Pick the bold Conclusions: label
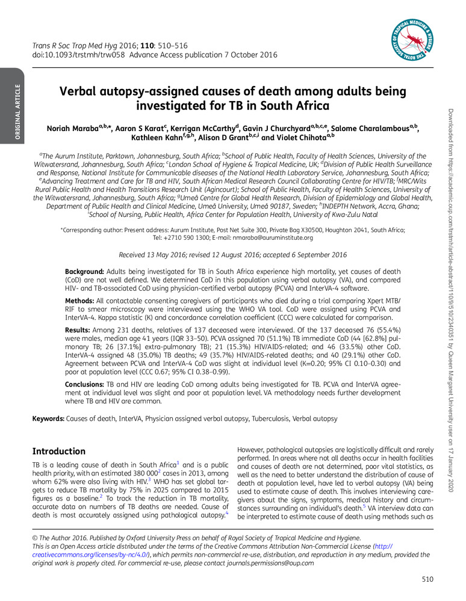pyautogui.click(x=88, y=383)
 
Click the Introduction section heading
pyautogui.click(x=59, y=451)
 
